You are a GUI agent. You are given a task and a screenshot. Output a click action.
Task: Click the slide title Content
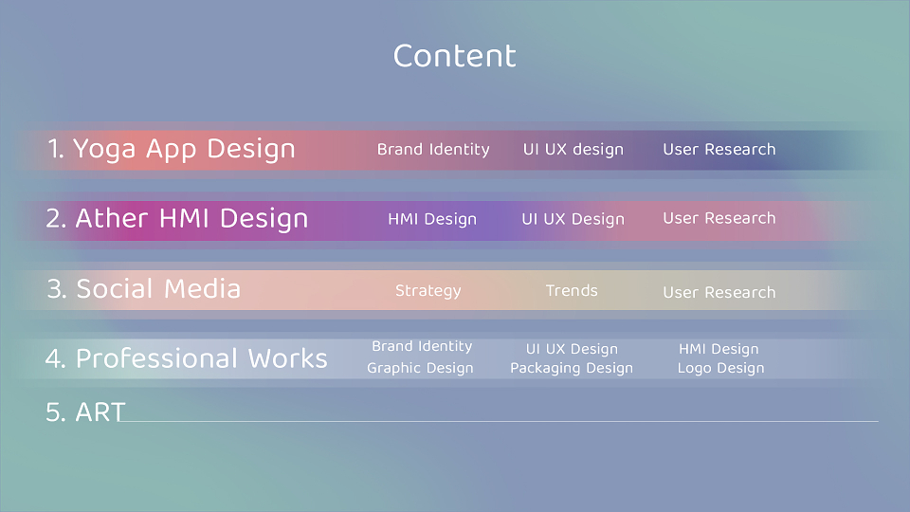[454, 56]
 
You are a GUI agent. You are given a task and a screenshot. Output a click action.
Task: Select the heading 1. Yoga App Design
[172, 149]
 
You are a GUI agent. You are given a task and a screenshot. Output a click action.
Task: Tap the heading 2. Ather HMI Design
[177, 219]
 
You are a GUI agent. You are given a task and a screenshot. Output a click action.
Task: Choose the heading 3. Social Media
[143, 288]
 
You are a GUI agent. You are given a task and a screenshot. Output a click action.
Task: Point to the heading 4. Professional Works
[187, 358]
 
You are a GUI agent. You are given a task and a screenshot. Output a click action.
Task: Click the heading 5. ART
[85, 412]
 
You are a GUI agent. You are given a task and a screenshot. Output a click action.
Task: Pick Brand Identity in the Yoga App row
[433, 149]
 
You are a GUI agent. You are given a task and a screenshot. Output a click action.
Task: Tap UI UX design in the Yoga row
[573, 149]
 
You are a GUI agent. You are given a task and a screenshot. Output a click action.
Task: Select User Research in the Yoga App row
[719, 149]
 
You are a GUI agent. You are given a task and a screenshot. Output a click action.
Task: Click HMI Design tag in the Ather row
[432, 219]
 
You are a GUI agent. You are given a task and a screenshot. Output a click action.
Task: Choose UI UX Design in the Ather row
[573, 219]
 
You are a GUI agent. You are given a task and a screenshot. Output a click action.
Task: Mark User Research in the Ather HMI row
[719, 218]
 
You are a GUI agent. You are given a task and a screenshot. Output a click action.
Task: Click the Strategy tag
[428, 291]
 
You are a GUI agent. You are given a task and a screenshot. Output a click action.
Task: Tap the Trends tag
[572, 290]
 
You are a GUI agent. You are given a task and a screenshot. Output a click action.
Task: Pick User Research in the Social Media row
[719, 292]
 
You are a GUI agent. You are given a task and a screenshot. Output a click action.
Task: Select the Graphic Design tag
[420, 368]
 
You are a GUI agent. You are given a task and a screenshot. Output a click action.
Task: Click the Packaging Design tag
[572, 368]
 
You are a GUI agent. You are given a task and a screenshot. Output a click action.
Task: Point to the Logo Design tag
[720, 368]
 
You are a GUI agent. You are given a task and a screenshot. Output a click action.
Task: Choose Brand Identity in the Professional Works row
[422, 346]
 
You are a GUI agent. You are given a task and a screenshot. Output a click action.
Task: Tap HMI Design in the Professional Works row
[719, 349]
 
